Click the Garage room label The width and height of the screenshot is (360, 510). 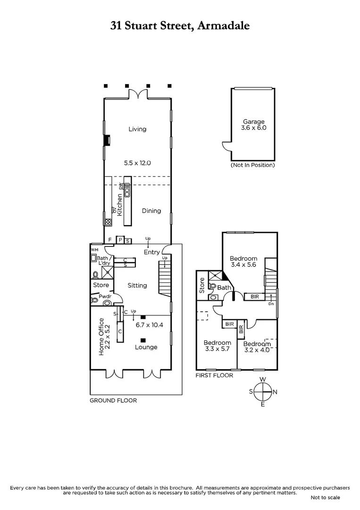(253, 121)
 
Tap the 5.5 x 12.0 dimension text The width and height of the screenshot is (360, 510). (137, 163)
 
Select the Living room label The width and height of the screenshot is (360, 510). (137, 129)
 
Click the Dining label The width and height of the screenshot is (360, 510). (151, 211)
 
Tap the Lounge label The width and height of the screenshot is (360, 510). (146, 347)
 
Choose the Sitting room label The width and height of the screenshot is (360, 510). (137, 285)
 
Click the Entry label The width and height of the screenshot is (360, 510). (151, 252)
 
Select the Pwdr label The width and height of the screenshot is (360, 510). (105, 297)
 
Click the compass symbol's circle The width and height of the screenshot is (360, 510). (263, 391)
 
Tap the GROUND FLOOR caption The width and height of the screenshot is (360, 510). (113, 400)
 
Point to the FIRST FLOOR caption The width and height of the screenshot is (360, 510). (214, 375)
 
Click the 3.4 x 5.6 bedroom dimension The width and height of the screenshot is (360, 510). (243, 265)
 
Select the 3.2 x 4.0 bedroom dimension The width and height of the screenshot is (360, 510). (257, 350)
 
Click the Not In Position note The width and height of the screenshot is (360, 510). (252, 165)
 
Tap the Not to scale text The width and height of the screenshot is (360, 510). (325, 497)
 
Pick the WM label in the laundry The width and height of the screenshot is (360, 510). (94, 249)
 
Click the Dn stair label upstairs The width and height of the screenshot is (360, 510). (271, 304)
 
